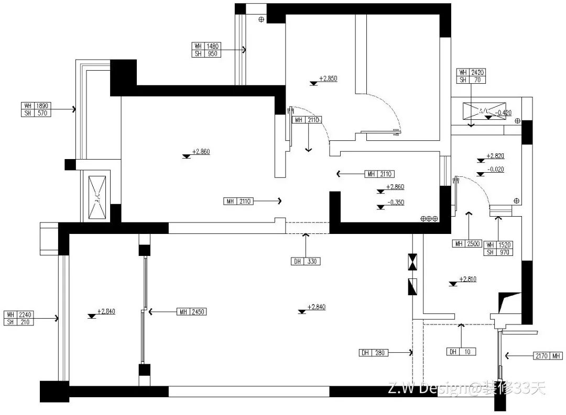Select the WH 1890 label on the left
pos(36,105)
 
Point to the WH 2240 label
pos(19,315)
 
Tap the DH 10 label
pos(461,352)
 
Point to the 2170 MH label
pos(548,356)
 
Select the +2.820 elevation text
pos(495,156)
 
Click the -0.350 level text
pos(395,203)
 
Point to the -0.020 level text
pos(495,169)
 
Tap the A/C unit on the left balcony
pos(97,196)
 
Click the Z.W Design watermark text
pos(466,388)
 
